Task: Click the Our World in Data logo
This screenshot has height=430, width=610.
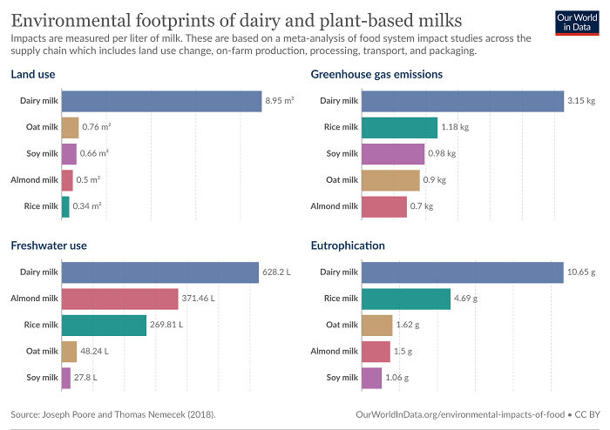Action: click(576, 24)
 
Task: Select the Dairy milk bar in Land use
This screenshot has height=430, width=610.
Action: click(161, 101)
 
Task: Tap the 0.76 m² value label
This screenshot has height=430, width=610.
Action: click(96, 128)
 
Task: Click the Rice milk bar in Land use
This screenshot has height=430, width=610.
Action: click(65, 206)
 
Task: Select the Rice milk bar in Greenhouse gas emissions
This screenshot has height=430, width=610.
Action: click(399, 128)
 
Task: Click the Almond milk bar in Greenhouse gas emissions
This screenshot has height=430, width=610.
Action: click(383, 206)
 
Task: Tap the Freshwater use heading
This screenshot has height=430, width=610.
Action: click(49, 245)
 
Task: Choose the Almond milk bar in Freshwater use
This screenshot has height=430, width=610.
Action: click(119, 299)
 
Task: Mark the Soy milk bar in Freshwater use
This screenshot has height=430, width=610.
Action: click(66, 378)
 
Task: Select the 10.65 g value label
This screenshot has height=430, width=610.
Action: click(582, 272)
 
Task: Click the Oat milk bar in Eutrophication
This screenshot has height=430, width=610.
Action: click(376, 325)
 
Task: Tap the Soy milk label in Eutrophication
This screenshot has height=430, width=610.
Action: click(341, 378)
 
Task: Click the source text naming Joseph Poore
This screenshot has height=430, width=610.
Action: click(113, 413)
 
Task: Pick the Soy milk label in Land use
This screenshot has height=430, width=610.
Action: click(40, 154)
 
